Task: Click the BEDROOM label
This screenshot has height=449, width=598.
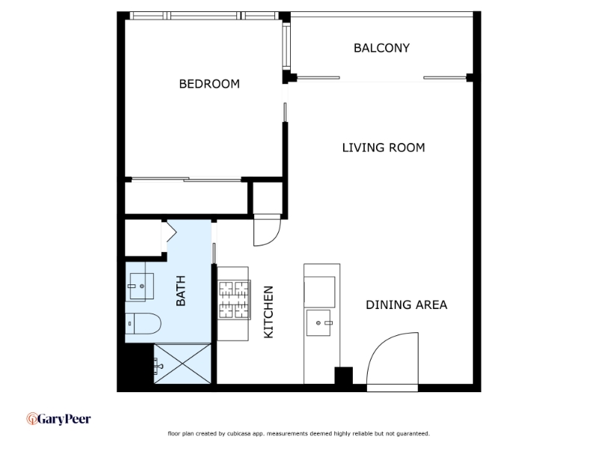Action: (x=209, y=84)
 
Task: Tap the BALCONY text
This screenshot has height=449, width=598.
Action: (x=382, y=48)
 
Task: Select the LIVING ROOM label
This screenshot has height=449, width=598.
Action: (x=383, y=147)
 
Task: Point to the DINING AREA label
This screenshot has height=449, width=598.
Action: (x=406, y=305)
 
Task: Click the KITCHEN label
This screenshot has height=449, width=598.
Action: (x=268, y=312)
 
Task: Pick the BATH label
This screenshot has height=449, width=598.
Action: (x=180, y=290)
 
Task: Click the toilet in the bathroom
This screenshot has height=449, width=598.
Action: (x=143, y=323)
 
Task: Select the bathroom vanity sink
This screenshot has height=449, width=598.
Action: (x=141, y=286)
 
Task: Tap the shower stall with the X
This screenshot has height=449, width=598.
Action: (x=182, y=364)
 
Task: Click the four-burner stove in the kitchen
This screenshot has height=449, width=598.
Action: (x=234, y=300)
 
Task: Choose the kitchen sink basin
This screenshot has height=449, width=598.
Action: (x=318, y=323)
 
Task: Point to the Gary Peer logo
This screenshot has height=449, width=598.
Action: (x=59, y=419)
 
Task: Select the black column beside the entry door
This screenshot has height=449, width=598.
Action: (x=344, y=376)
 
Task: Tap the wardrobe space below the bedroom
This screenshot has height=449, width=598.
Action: (x=186, y=198)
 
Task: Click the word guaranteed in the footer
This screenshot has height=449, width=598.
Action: (x=413, y=433)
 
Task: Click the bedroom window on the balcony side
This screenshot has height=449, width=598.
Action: (x=286, y=45)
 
